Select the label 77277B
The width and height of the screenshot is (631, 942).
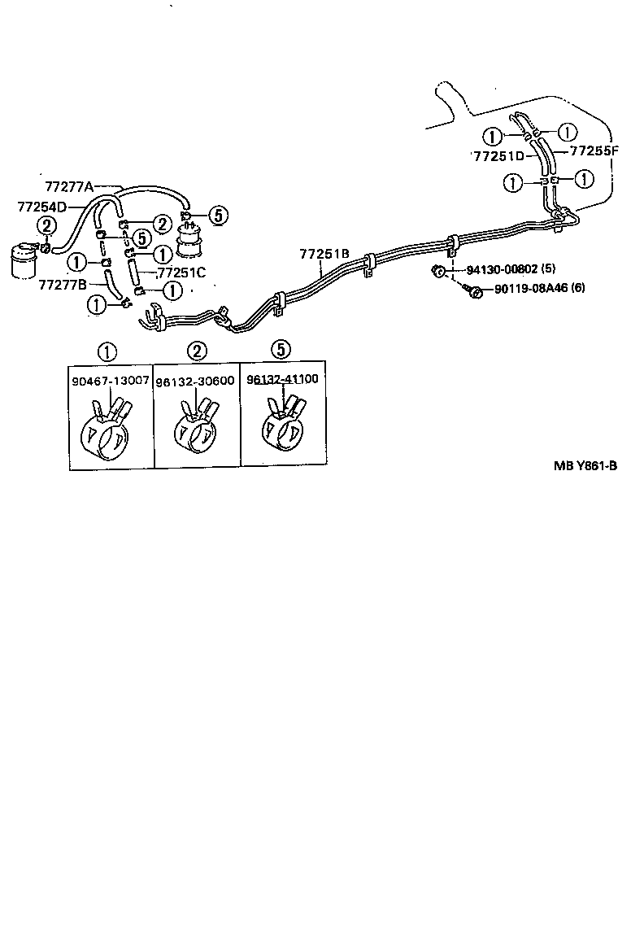63,284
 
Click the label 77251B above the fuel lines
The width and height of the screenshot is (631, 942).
324,254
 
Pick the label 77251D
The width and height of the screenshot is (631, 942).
498,155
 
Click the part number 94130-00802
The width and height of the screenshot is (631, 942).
501,269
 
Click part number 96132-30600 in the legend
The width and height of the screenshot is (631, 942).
198,380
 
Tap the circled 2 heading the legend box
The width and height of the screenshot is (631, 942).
197,351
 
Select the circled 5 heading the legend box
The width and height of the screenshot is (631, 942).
280,350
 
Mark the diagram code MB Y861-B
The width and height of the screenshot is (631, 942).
585,466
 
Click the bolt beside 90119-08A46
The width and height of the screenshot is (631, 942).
472,289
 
